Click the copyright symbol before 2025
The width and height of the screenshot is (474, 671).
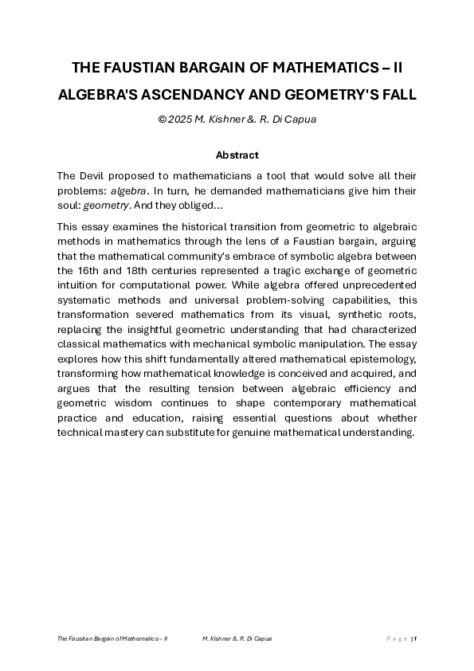[162, 120]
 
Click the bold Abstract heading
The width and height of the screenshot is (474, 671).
[237, 155]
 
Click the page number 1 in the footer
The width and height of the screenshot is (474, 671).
[415, 638]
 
